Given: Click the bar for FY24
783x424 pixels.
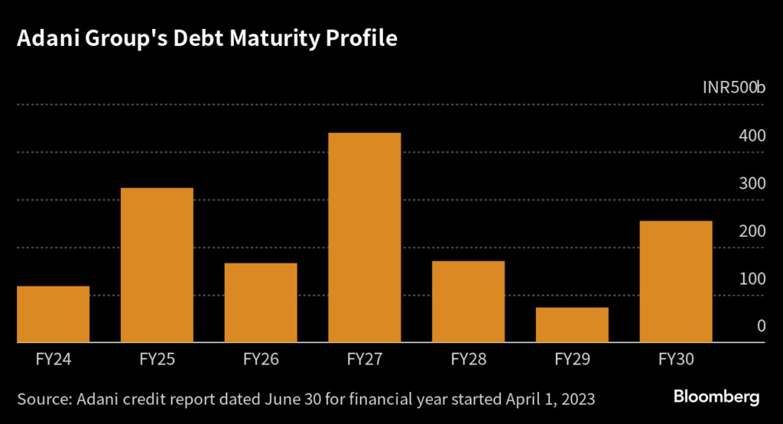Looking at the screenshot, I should click(53, 314).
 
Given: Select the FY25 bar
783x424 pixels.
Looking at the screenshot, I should click(157, 265).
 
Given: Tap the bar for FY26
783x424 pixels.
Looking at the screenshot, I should click(261, 303).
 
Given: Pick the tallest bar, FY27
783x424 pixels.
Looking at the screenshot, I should click(365, 238).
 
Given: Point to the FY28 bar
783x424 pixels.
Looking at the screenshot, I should click(468, 302).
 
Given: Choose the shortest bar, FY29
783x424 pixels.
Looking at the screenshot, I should click(572, 325).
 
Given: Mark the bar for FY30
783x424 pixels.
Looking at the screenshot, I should click(676, 281).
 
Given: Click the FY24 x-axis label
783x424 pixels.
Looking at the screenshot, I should click(53, 358).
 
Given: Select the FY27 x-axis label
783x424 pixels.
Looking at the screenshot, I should click(365, 358).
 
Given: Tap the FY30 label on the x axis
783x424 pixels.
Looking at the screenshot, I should click(676, 358).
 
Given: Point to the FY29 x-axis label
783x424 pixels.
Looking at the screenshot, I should click(572, 358).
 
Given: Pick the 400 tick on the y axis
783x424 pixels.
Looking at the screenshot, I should click(752, 136).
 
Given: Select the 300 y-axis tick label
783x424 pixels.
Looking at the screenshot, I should click(752, 183).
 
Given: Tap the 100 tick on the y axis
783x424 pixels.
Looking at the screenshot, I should click(752, 278).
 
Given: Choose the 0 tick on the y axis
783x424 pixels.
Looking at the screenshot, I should click(761, 326).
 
